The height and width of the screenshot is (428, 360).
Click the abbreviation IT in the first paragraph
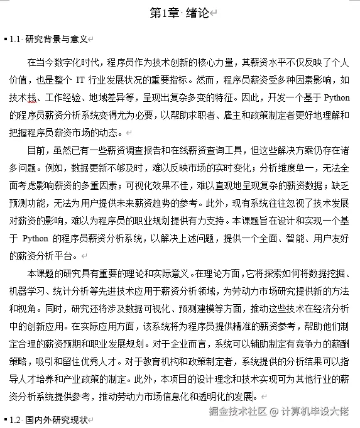[x=82, y=80]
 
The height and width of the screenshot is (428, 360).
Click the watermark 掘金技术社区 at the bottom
[x=236, y=412]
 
